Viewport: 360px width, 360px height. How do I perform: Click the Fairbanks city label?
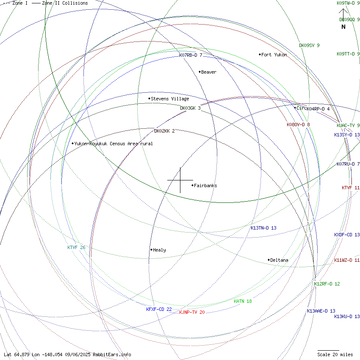click(x=205, y=186)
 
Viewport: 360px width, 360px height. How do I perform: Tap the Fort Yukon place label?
click(x=274, y=55)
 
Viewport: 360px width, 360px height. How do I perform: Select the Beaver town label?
click(x=208, y=72)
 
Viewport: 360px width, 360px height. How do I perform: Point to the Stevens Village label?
click(x=170, y=99)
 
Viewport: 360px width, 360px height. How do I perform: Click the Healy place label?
click(x=159, y=250)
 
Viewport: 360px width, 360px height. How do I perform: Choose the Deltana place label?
click(x=279, y=260)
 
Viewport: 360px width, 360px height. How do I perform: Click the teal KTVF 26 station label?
click(x=76, y=247)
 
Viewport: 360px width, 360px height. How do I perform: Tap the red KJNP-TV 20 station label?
click(x=192, y=312)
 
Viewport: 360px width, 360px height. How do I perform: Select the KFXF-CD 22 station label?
click(x=159, y=309)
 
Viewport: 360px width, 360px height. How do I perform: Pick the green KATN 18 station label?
click(x=243, y=301)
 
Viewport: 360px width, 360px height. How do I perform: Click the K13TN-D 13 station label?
click(x=263, y=228)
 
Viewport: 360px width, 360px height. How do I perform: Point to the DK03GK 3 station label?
click(x=190, y=108)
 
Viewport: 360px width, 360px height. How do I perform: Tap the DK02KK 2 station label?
click(x=164, y=131)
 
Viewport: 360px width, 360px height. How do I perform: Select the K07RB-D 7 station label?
click(x=191, y=55)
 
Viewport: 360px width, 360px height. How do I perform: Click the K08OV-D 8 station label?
click(x=298, y=125)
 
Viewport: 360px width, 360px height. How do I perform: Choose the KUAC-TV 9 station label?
click(x=348, y=125)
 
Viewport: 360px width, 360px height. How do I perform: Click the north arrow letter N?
click(x=343, y=27)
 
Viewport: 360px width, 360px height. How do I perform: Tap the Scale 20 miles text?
click(x=335, y=354)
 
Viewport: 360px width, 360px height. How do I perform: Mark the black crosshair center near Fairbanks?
click(x=180, y=180)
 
